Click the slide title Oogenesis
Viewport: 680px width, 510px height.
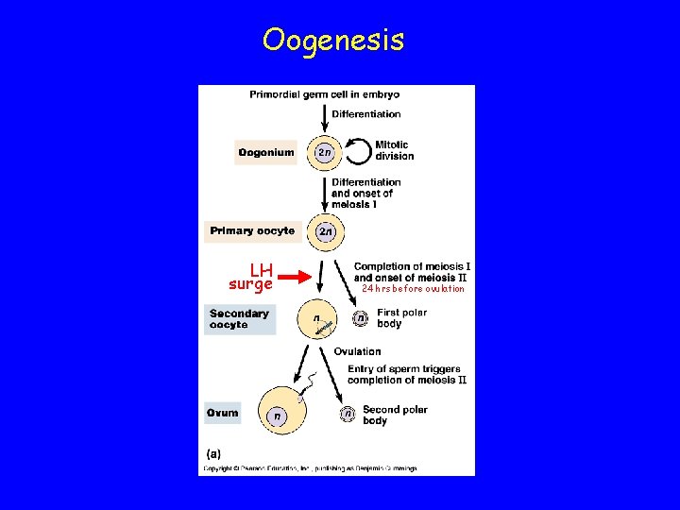333,40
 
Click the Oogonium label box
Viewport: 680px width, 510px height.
265,152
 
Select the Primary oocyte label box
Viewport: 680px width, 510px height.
252,230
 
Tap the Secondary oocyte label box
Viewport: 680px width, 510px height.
240,319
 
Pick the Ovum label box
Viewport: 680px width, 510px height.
223,413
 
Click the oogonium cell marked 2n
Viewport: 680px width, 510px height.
324,152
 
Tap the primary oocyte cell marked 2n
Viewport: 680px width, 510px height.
326,230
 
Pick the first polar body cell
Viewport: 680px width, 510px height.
360,319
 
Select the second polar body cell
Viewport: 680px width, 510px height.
348,414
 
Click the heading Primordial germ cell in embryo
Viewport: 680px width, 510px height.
324,94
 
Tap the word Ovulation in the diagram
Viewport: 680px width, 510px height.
357,352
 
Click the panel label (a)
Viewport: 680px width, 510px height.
212,453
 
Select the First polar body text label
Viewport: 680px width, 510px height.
402,317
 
